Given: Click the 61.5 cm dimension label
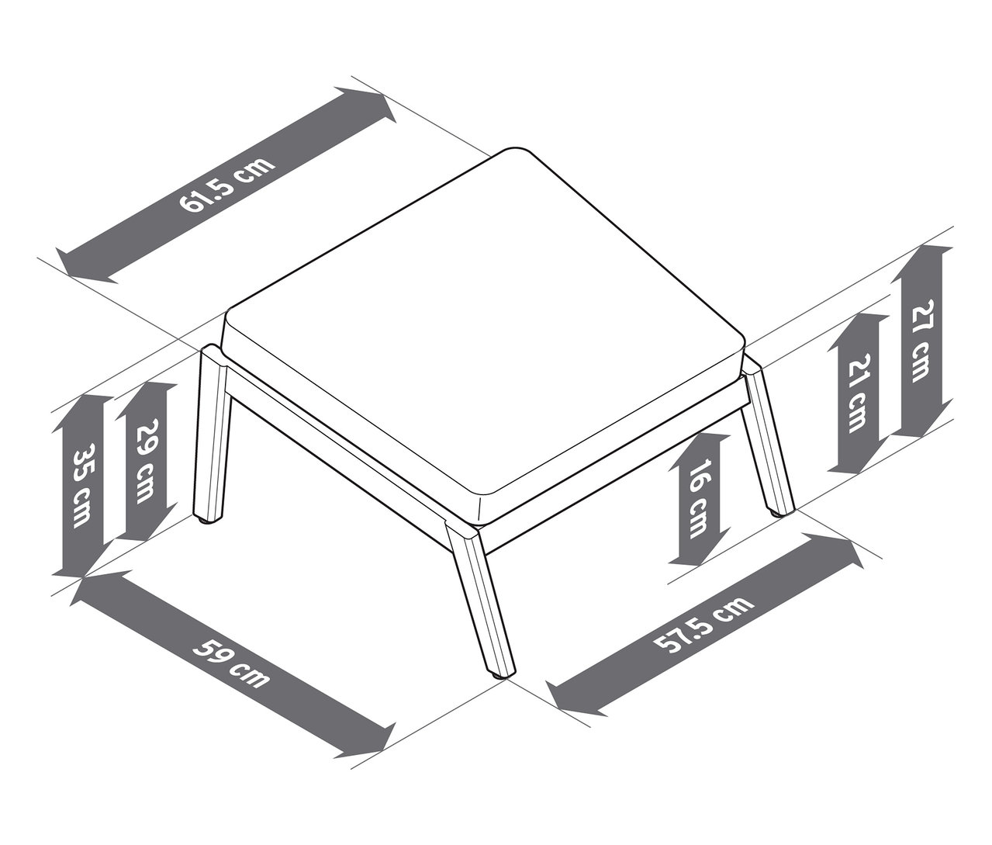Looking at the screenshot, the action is point(226,184).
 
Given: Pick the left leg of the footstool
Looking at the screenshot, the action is point(212,432).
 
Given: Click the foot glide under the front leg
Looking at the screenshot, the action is point(499,677).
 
